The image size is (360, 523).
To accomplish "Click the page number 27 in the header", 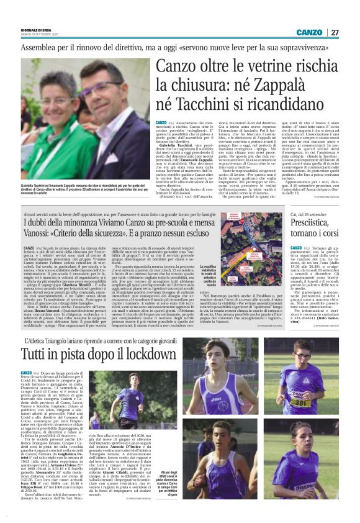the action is point(335,32).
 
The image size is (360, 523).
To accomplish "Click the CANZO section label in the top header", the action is point(308,32).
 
